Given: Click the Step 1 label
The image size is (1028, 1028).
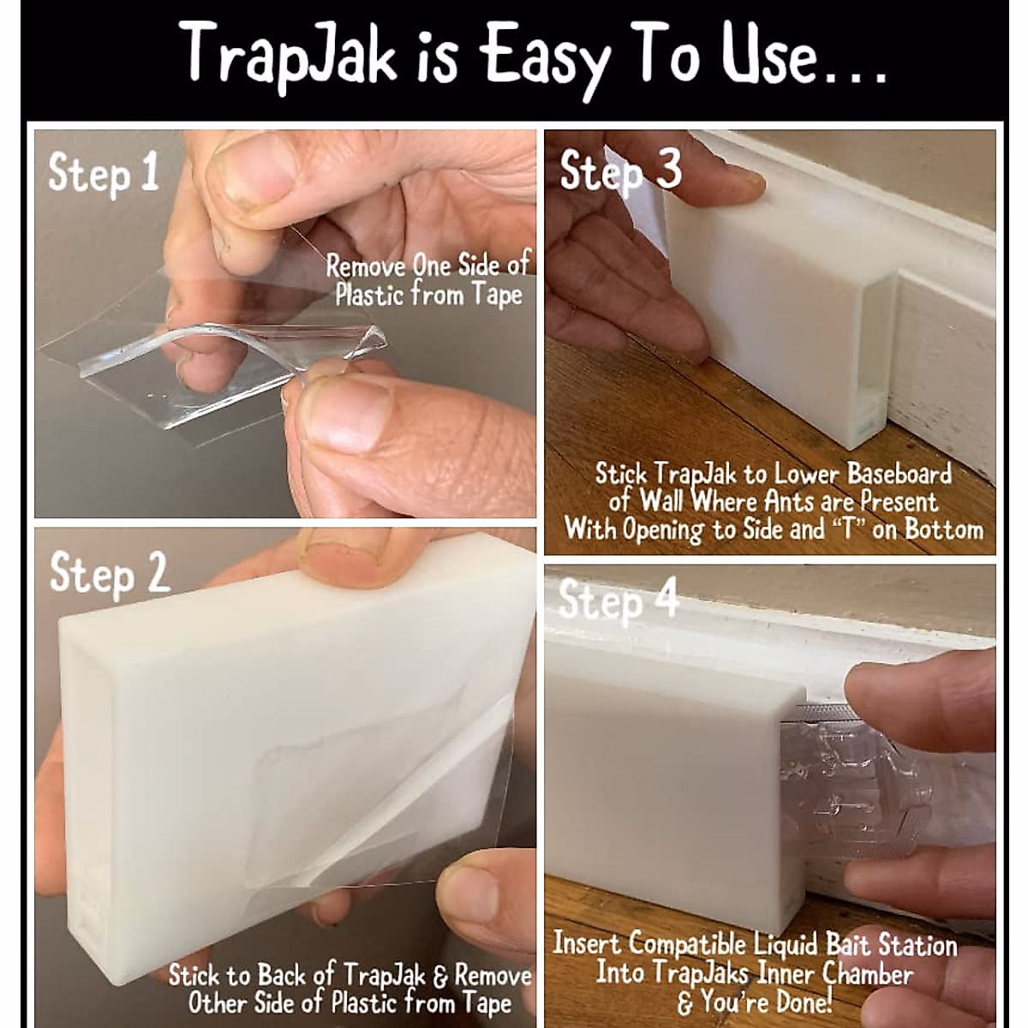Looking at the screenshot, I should [103, 173].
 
